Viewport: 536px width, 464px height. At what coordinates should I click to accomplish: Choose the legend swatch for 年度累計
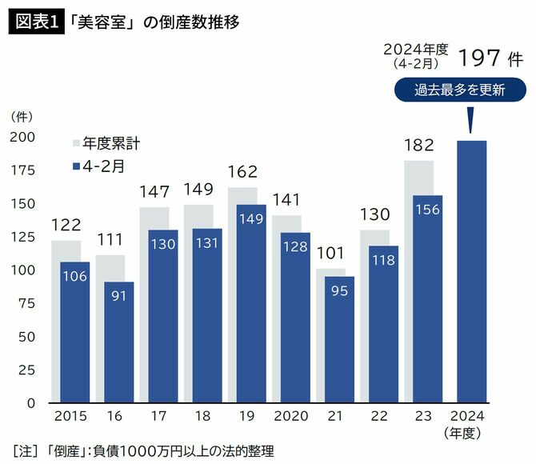pyautogui.click(x=77, y=144)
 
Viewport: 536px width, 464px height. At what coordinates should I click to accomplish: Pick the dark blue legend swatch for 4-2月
pyautogui.click(x=77, y=166)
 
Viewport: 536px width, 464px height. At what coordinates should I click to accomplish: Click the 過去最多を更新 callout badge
pyautogui.click(x=460, y=90)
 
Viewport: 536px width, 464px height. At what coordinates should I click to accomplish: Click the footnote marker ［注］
pyautogui.click(x=25, y=452)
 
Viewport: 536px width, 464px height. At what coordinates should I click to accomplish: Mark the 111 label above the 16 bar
pyautogui.click(x=110, y=240)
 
